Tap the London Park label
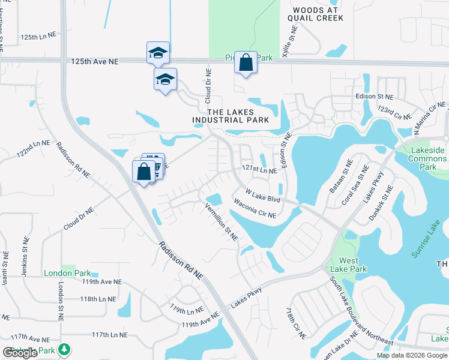tap(67, 273)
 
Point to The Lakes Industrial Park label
tap(231, 116)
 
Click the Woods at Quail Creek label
tap(315, 14)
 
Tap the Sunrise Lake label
tap(426, 241)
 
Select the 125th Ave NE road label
tap(95, 62)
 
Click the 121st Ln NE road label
tap(259, 170)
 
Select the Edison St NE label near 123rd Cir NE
tap(373, 96)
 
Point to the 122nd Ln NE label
tap(34, 148)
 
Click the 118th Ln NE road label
tap(98, 299)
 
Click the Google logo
tap(20, 353)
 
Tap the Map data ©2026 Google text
tap(411, 355)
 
